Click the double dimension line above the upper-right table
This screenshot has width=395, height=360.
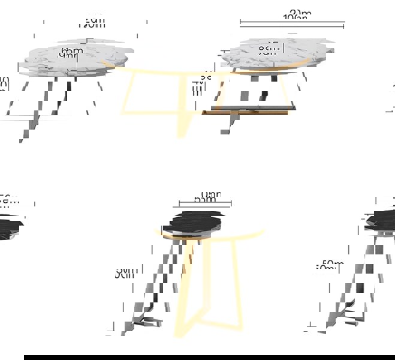click(292, 25)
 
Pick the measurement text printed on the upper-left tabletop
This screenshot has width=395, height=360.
click(70, 53)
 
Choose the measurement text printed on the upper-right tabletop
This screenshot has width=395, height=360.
click(267, 49)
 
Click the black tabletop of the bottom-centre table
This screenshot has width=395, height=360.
click(195, 221)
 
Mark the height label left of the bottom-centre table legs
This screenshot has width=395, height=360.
click(125, 274)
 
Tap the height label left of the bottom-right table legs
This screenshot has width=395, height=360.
click(331, 265)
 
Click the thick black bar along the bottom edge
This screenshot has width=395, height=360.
click(209, 357)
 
